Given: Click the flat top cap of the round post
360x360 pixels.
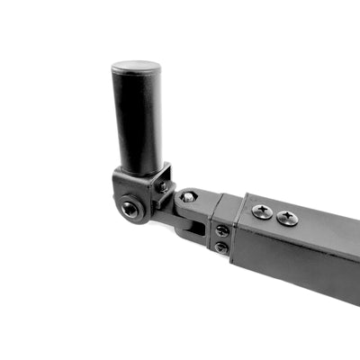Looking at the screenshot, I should [136, 67].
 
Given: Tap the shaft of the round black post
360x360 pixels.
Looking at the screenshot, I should [137, 121].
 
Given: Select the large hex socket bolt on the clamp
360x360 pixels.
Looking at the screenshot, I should [131, 209].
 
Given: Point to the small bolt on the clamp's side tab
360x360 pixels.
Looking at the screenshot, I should [163, 186].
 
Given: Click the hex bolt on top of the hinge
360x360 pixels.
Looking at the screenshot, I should [188, 196].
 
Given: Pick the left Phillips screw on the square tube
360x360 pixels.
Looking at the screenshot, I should [262, 212].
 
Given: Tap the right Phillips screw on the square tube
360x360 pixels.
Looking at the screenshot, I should [287, 218].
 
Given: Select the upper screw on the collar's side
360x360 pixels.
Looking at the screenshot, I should [221, 230].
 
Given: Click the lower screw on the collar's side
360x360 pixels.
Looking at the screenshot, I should [220, 247].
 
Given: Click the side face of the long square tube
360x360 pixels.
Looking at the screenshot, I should [297, 261].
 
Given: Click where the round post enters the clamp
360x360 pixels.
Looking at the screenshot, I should [139, 170].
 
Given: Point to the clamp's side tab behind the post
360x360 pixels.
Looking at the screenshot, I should [163, 179].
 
